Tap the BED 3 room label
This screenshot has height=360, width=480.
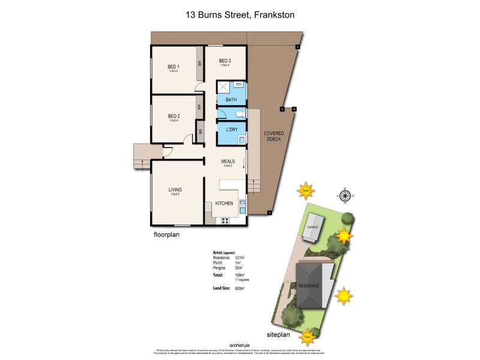coord(224,61)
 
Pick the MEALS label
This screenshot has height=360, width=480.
coord(227,161)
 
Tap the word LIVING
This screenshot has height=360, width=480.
coord(175,189)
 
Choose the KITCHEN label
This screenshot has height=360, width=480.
coord(224,203)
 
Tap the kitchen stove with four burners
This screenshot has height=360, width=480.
coord(226,220)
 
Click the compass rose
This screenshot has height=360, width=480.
coord(344,195)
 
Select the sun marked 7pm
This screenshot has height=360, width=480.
coord(305,190)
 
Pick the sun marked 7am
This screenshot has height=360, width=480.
coord(308,337)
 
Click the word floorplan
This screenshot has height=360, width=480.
coord(166,235)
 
